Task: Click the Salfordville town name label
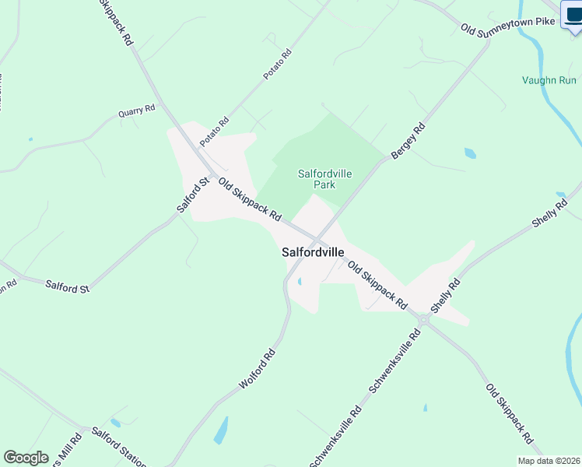(313, 253)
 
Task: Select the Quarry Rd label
(137, 111)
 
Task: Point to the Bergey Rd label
(408, 142)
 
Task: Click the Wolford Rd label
(258, 370)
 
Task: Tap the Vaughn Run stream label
(549, 80)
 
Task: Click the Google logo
(26, 458)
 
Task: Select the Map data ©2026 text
(549, 461)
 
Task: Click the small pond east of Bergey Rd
(470, 153)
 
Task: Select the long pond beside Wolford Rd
(221, 430)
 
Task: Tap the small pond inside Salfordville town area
(300, 282)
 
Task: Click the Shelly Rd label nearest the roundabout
(447, 297)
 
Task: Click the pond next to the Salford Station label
(116, 423)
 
